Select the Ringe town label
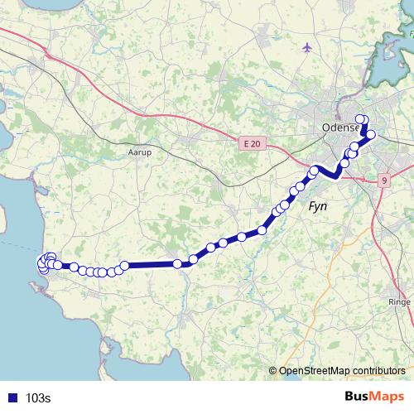point(399,302)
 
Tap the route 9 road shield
point(384,181)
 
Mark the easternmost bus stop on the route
point(371,134)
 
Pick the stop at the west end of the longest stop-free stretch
point(124,266)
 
